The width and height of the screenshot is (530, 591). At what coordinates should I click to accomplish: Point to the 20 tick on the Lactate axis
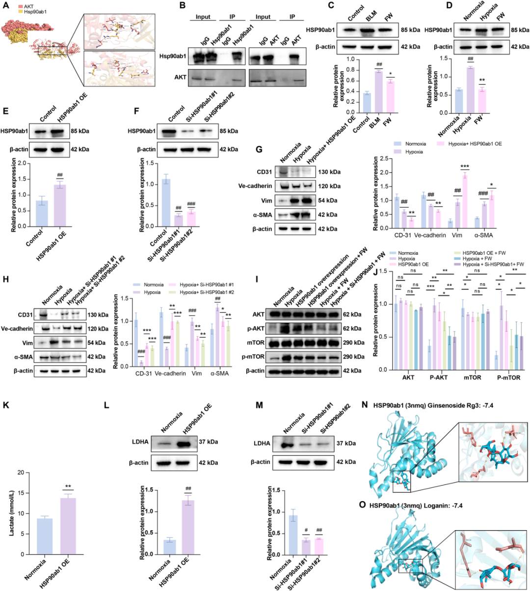(21, 473)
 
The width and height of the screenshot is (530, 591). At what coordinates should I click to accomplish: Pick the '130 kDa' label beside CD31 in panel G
(329, 172)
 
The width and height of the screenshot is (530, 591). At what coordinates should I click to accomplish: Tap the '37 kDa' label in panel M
(346, 443)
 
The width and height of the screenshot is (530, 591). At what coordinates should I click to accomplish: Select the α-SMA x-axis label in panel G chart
(483, 235)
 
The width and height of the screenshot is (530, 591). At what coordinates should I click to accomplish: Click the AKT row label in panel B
(181, 77)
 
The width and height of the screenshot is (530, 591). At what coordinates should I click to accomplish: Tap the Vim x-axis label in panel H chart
(196, 374)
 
